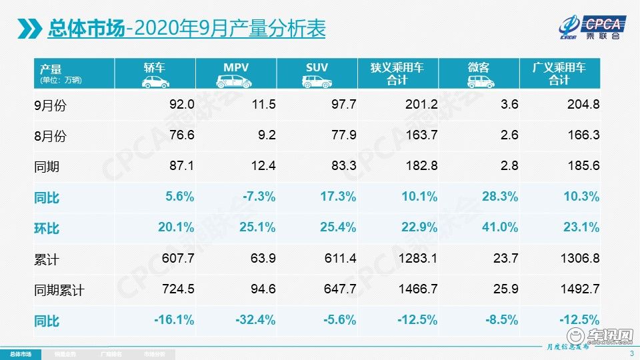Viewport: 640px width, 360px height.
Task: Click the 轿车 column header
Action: [155, 68]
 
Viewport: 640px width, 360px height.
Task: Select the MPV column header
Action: [237, 68]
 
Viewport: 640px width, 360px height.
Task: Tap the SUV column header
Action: [317, 68]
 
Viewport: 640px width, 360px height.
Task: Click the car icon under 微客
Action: [479, 81]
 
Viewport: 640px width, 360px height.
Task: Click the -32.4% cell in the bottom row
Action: [257, 320]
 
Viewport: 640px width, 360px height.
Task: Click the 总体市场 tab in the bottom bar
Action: [20, 353]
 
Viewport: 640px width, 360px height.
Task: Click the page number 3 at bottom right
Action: [631, 353]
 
